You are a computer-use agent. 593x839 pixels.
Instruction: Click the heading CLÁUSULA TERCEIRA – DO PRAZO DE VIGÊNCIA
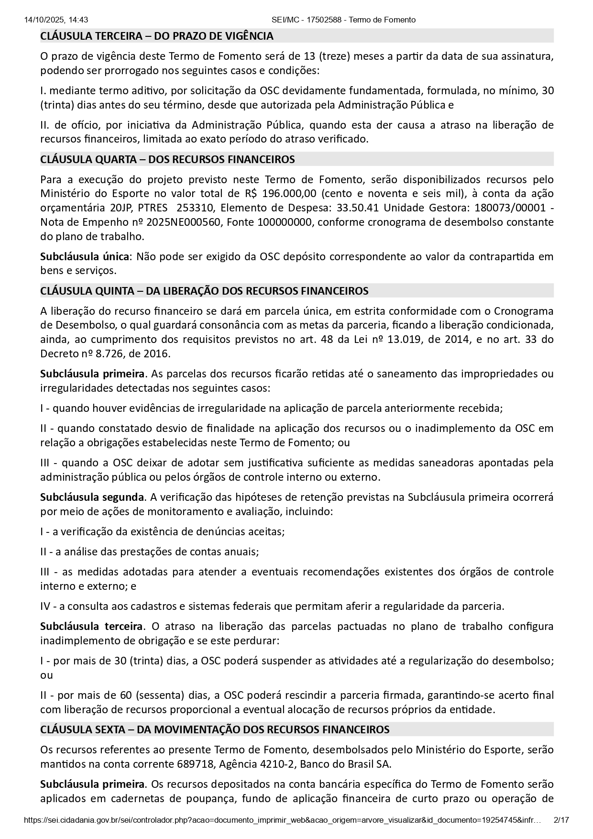[157, 36]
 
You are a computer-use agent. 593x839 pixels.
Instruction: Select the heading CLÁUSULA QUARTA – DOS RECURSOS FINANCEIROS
[167, 159]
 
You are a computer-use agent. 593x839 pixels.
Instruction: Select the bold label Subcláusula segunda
[92, 497]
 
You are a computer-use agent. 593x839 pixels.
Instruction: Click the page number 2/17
[561, 833]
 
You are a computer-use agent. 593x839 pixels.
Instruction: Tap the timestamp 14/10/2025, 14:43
[55, 20]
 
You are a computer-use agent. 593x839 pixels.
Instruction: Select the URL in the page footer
[282, 833]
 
